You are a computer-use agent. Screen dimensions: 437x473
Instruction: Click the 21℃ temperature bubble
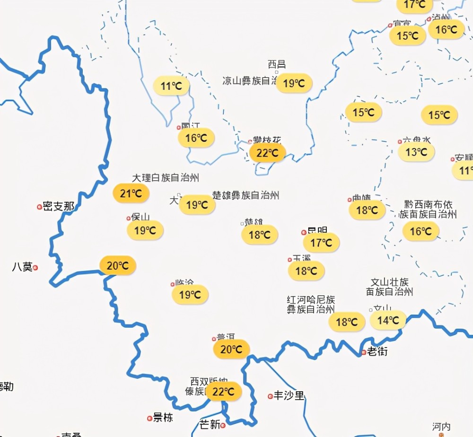tap(131, 193)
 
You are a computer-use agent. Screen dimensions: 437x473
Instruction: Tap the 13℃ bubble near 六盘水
tap(416, 152)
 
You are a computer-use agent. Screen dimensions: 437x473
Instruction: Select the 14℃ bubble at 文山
tap(388, 320)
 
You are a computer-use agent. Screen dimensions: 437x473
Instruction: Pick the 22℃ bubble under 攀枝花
tap(267, 153)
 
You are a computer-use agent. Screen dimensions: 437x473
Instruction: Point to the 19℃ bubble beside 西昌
tap(294, 83)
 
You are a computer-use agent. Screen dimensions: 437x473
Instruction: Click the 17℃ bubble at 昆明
tap(322, 243)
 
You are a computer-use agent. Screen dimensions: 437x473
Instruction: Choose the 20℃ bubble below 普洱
tap(231, 350)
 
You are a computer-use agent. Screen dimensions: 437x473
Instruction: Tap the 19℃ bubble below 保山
tap(145, 230)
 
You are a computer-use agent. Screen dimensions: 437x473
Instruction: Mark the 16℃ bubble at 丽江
tap(196, 138)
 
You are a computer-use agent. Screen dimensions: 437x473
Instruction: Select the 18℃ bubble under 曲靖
tap(367, 210)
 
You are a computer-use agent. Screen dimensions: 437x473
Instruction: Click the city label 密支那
tap(59, 207)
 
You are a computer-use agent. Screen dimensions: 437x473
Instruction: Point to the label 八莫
tap(22, 267)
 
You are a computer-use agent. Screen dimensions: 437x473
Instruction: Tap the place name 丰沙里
tap(289, 396)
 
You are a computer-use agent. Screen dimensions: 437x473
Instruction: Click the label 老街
tap(377, 352)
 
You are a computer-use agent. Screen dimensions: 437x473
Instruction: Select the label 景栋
tap(163, 418)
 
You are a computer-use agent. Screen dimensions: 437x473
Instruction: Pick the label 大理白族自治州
tap(165, 178)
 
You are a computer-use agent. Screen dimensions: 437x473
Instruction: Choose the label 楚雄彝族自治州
tap(246, 195)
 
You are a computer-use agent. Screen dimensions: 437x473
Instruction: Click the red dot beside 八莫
tap(35, 268)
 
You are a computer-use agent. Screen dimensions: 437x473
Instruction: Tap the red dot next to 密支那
tap(39, 207)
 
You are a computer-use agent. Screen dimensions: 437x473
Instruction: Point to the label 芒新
tap(210, 424)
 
